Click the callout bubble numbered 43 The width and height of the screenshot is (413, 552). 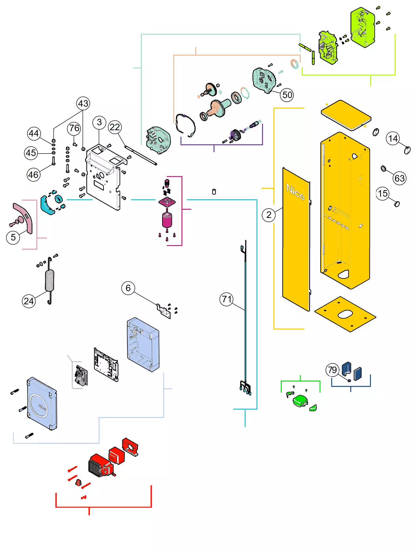pyautogui.click(x=83, y=103)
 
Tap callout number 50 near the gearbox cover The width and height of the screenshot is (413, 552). pyautogui.click(x=287, y=95)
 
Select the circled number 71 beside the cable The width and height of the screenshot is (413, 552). pyautogui.click(x=226, y=299)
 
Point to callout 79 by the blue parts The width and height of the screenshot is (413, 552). pyautogui.click(x=332, y=370)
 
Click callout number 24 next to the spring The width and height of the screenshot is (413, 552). pyautogui.click(x=29, y=301)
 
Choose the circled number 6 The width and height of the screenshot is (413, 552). pyautogui.click(x=128, y=288)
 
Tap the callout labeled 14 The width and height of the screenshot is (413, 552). pyautogui.click(x=393, y=138)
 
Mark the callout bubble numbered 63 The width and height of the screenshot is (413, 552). pyautogui.click(x=400, y=178)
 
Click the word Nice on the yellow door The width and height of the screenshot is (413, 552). pyautogui.click(x=295, y=192)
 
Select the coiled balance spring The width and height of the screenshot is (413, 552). pyautogui.click(x=49, y=280)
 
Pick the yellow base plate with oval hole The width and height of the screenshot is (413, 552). pyautogui.click(x=345, y=314)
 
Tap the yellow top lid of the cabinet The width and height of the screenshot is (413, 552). pyautogui.click(x=346, y=115)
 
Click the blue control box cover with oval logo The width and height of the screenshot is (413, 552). pyautogui.click(x=42, y=404)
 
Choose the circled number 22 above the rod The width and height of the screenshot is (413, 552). pyautogui.click(x=115, y=127)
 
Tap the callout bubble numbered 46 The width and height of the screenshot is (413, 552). pyautogui.click(x=33, y=174)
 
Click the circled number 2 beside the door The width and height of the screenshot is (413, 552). pyautogui.click(x=269, y=215)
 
